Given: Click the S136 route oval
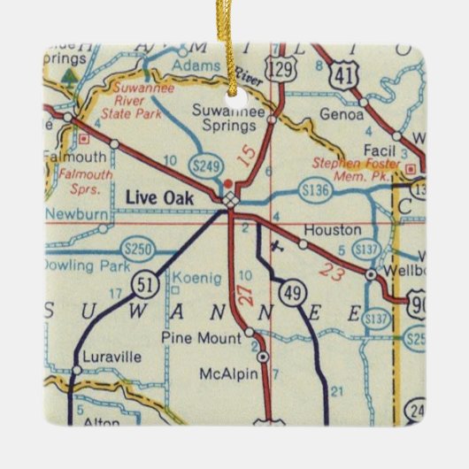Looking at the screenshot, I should [x=315, y=190].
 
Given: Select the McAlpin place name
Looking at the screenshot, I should [x=230, y=373].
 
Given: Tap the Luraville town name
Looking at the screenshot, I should [x=105, y=359].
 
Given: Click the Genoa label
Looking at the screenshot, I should [x=349, y=115].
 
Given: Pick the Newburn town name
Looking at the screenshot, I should [x=68, y=216].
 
